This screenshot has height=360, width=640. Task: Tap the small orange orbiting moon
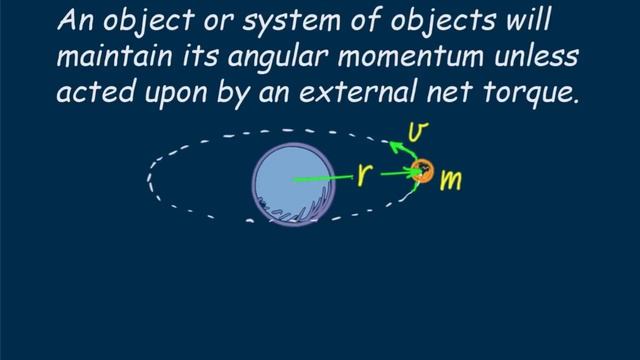(x=423, y=172)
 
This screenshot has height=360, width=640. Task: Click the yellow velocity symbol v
(x=421, y=130)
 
